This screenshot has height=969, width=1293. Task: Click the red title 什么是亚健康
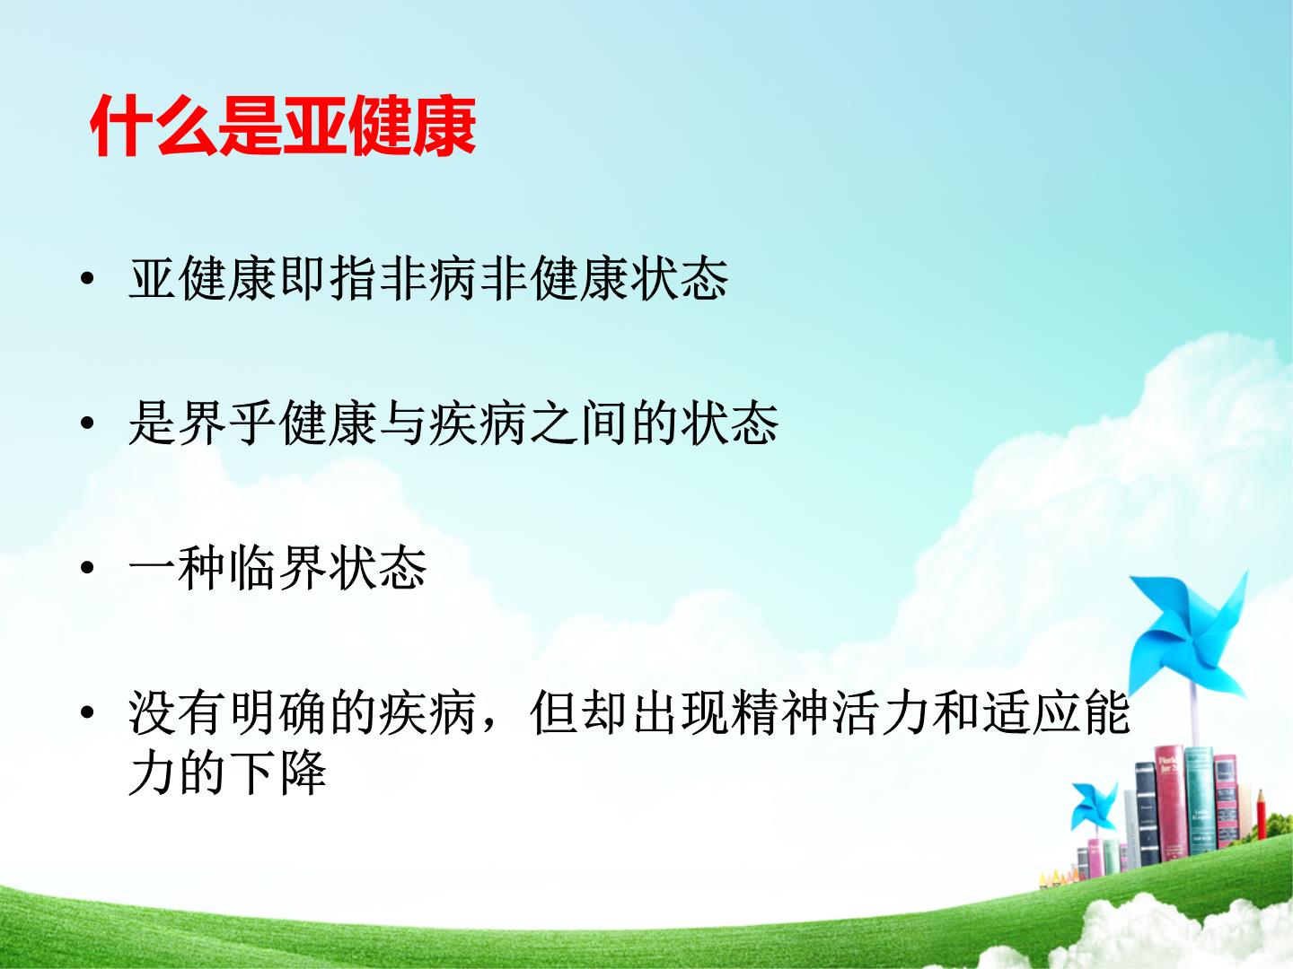[x=283, y=126]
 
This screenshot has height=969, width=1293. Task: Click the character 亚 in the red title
[x=314, y=126]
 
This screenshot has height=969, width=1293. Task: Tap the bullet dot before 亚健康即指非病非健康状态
[x=87, y=278]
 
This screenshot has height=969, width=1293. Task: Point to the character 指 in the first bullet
[x=354, y=278]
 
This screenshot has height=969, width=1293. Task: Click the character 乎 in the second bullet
[x=253, y=423]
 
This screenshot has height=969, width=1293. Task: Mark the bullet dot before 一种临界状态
[x=87, y=568]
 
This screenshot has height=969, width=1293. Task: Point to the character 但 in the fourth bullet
[x=554, y=713]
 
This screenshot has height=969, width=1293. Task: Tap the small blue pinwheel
[x=1095, y=805]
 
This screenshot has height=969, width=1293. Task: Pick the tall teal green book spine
[x=1199, y=801]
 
